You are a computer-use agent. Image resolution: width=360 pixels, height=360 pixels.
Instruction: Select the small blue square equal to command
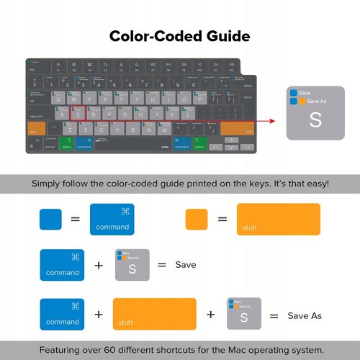(x=50, y=219)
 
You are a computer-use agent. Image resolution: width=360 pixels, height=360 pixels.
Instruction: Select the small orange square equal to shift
(x=196, y=219)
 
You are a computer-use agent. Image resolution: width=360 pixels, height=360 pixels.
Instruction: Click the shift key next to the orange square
(x=277, y=219)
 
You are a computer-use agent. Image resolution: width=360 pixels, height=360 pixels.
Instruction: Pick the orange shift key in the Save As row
(x=154, y=314)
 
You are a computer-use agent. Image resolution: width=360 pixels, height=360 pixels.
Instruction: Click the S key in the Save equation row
(x=132, y=265)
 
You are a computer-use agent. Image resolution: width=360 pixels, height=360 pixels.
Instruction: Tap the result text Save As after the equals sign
(x=305, y=315)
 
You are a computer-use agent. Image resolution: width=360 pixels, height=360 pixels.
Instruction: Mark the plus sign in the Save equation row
(x=99, y=265)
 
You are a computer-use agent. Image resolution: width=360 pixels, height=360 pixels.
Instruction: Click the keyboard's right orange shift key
(x=237, y=128)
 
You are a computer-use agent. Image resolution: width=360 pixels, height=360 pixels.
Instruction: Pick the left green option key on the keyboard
(x=67, y=143)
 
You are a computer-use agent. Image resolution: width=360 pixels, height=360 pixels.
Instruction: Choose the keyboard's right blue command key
(x=181, y=143)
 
